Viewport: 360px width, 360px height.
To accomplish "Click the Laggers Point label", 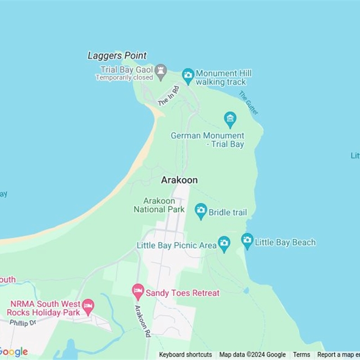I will click(x=117, y=56).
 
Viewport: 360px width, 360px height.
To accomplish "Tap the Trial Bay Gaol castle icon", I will click(x=161, y=71).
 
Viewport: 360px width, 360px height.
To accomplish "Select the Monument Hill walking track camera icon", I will click(x=188, y=75).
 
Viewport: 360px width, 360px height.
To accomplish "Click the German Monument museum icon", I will click(x=230, y=119).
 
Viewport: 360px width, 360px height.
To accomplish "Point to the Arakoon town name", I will click(x=179, y=180).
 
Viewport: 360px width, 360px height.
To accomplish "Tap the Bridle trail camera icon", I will click(x=201, y=211).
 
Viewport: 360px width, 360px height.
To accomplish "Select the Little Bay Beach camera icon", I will click(x=247, y=240).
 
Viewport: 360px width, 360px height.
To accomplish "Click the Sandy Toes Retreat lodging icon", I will click(x=138, y=291).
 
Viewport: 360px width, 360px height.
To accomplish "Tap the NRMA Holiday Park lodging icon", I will click(x=88, y=306).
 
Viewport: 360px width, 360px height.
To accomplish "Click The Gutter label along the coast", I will click(x=248, y=103).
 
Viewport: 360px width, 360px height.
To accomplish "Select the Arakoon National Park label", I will click(x=159, y=205).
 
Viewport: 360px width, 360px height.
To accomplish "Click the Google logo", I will click(x=13, y=352).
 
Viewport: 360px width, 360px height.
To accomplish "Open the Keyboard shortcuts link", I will click(x=185, y=355).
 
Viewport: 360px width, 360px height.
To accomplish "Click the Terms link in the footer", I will click(x=301, y=355).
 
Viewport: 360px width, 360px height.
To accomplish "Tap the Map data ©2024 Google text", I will click(x=252, y=355).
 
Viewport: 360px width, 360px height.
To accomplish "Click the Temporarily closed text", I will click(x=124, y=77).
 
